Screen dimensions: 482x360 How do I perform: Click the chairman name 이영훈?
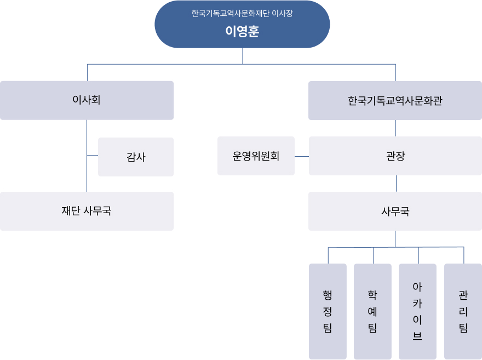click(x=242, y=31)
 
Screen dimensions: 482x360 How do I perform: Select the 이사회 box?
click(x=87, y=100)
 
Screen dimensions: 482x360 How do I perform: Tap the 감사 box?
click(x=136, y=157)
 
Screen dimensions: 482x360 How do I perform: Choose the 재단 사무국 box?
click(x=87, y=211)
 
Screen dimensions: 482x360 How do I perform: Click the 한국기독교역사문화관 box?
click(x=395, y=100)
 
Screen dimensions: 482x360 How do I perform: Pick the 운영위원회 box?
click(x=256, y=156)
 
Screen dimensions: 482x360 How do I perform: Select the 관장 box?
click(x=395, y=156)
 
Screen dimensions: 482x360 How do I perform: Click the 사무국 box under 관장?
click(x=395, y=211)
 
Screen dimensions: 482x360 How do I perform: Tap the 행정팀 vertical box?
click(x=328, y=311)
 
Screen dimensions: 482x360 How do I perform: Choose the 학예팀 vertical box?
click(x=372, y=311)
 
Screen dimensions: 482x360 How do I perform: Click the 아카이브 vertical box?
click(x=417, y=311)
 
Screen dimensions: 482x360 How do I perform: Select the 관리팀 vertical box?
click(x=463, y=311)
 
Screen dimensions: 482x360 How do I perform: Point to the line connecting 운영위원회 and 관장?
click(x=302, y=156)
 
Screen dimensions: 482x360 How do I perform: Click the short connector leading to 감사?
click(x=92, y=155)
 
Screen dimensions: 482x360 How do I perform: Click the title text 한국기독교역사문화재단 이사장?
click(x=242, y=13)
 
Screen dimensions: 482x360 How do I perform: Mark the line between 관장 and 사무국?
click(x=396, y=184)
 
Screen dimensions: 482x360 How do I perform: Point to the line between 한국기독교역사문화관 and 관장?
click(x=395, y=128)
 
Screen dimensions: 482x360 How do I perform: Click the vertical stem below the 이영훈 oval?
click(x=243, y=56)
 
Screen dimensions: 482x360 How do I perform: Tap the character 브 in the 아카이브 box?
click(x=417, y=336)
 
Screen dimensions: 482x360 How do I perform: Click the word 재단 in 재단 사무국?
click(x=71, y=211)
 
